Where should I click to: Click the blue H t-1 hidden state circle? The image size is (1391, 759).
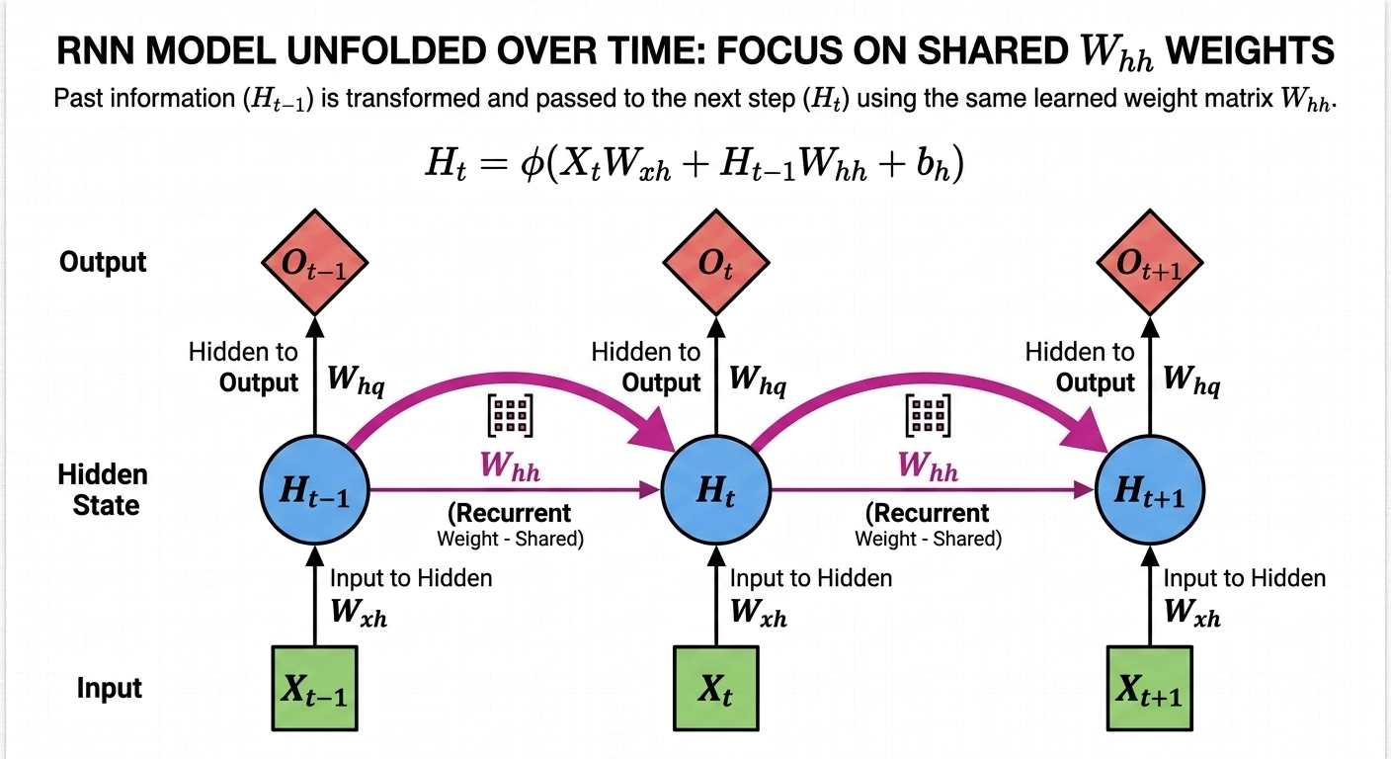click(314, 489)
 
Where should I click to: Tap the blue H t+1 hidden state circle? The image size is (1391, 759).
click(1149, 489)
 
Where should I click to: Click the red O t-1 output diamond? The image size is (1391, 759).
click(314, 263)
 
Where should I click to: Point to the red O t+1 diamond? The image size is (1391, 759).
click(1149, 263)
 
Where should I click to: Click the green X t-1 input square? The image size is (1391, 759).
click(314, 689)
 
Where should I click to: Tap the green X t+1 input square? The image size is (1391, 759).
click(1149, 689)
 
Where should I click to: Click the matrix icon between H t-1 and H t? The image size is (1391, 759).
click(510, 417)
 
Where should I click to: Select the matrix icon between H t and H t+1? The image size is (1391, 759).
click(927, 417)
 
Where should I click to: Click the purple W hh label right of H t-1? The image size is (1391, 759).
click(510, 466)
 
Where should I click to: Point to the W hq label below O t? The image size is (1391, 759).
click(758, 382)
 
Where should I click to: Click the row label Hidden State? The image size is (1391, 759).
click(103, 490)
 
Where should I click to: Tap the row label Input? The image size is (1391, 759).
click(110, 688)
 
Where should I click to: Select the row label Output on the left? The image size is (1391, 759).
click(103, 262)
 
